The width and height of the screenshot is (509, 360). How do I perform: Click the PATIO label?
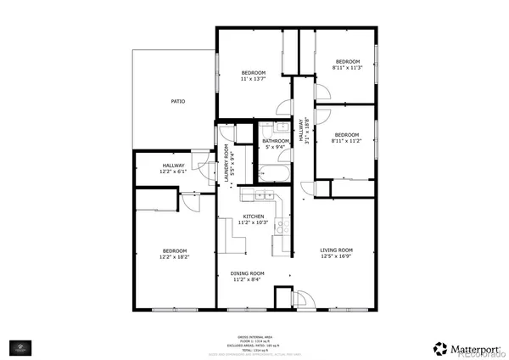[x=178, y=101]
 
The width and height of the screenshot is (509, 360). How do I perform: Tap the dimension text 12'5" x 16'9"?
[x=336, y=256]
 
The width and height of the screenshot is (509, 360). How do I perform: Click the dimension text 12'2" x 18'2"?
[x=175, y=256]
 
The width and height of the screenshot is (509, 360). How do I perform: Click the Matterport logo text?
[x=467, y=347]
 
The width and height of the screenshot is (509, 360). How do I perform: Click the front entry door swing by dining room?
[x=285, y=297]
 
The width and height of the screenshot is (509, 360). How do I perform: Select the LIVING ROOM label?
[x=336, y=250]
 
